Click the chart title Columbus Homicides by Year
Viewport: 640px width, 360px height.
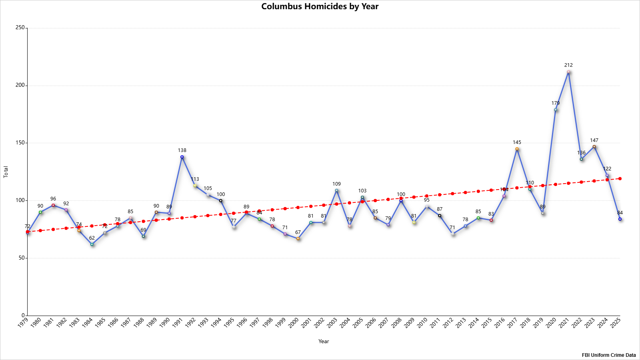(320, 6)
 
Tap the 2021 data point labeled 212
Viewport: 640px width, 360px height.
(568, 72)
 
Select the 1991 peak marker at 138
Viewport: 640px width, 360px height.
(182, 157)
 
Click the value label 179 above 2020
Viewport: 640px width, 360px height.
(556, 103)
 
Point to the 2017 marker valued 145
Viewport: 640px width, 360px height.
(517, 149)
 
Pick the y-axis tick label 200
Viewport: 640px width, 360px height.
(20, 85)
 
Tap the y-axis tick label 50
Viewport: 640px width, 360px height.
(22, 258)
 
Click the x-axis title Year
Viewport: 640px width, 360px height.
(324, 341)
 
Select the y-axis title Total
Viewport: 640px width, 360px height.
(6, 172)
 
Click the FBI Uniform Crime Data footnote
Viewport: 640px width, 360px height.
(609, 355)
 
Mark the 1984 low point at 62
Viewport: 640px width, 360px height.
(92, 244)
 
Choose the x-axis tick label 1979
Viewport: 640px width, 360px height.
(23, 322)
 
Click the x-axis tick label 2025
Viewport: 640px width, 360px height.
(616, 322)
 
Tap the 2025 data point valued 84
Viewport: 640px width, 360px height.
(620, 219)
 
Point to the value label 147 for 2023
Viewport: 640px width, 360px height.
(594, 140)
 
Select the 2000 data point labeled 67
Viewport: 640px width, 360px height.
(298, 238)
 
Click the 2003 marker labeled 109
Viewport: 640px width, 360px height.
(336, 190)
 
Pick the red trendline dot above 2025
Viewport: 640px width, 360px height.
(620, 179)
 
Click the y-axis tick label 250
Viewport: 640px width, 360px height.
(20, 28)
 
